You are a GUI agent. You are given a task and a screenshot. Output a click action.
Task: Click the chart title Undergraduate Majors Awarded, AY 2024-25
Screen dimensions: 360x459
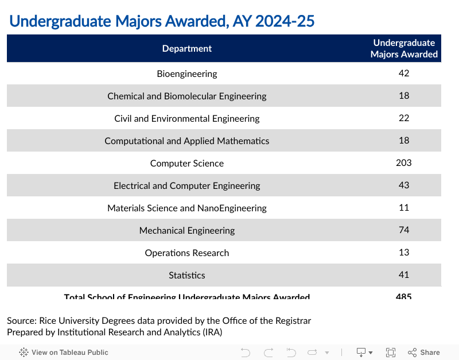pos(162,21)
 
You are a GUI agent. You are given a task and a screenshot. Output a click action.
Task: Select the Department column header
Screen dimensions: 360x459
pos(187,49)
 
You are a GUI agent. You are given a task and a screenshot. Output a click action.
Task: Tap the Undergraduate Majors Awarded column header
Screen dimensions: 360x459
pos(404,49)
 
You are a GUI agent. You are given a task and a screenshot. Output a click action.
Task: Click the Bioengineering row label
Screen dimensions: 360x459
pos(187,73)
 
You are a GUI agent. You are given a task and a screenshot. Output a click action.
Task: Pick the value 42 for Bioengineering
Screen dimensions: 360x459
pos(404,73)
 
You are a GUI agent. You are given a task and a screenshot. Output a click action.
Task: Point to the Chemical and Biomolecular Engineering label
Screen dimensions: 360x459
pos(187,96)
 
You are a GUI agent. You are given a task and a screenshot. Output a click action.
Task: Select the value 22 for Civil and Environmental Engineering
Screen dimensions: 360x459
pos(404,118)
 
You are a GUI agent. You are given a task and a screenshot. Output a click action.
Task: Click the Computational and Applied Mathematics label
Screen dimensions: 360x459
pos(187,141)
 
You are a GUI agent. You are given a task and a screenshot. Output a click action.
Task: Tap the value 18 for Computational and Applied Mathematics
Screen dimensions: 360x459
pos(404,140)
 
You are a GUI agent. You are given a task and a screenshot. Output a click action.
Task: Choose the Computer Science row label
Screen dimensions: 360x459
pos(187,163)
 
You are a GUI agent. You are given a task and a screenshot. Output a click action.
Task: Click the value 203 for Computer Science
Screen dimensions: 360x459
pos(404,162)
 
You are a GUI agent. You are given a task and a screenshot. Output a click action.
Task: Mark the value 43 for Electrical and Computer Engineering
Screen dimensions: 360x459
pos(404,185)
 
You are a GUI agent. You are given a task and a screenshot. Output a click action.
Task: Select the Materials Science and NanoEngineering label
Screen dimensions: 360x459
pos(187,208)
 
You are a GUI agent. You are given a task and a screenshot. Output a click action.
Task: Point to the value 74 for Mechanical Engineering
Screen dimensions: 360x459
pos(404,230)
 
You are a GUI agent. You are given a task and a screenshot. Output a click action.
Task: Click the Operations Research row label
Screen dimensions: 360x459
pos(187,253)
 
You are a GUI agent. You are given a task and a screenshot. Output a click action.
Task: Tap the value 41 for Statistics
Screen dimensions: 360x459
pos(404,274)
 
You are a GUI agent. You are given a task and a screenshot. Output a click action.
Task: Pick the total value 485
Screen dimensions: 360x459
pos(404,296)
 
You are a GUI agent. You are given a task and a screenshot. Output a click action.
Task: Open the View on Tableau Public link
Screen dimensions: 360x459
pos(64,353)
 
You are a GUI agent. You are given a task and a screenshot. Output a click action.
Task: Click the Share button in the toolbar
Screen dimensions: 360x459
pos(424,353)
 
